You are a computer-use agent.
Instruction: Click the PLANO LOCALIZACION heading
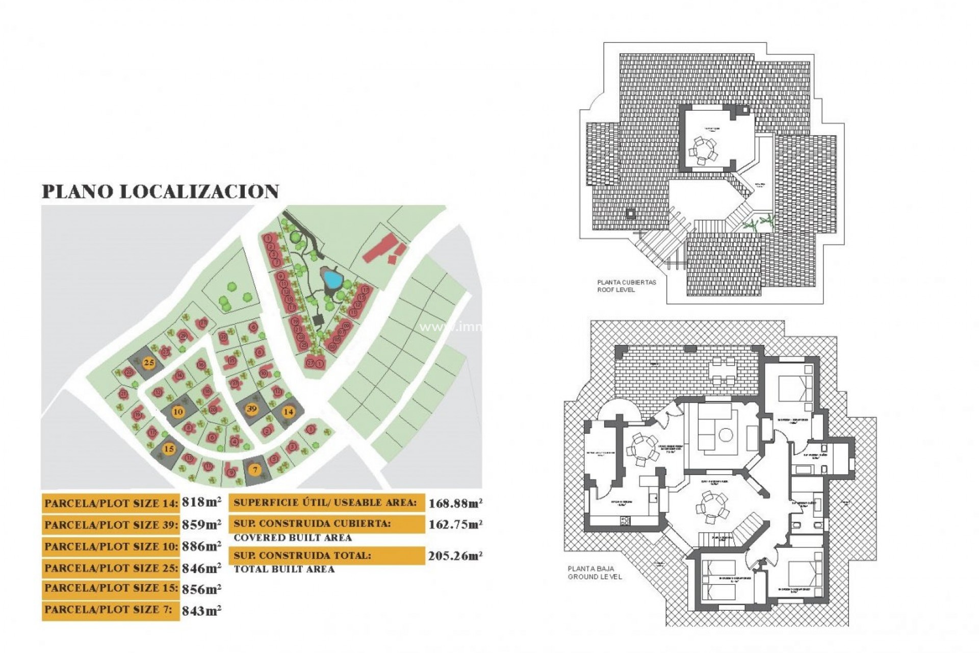point(160,191)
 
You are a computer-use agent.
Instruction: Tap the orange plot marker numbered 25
point(149,363)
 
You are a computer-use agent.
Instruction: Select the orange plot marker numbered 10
point(177,412)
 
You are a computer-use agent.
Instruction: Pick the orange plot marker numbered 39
point(251,409)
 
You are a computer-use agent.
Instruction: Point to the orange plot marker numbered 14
point(289,412)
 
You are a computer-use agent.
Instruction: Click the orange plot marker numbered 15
point(169,449)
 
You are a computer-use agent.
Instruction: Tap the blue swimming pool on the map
point(332,279)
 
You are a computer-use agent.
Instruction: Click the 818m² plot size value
point(201,502)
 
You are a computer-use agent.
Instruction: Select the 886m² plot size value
point(201,546)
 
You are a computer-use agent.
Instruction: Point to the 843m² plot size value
point(201,610)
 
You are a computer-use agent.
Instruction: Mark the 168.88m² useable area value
point(455,504)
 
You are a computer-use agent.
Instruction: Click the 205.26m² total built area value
point(455,556)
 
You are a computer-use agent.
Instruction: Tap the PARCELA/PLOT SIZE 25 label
point(111,568)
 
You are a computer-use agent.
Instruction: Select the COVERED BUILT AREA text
point(293,538)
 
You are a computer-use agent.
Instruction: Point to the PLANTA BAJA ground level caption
point(595,572)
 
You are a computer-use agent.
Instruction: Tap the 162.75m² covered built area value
point(455,524)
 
